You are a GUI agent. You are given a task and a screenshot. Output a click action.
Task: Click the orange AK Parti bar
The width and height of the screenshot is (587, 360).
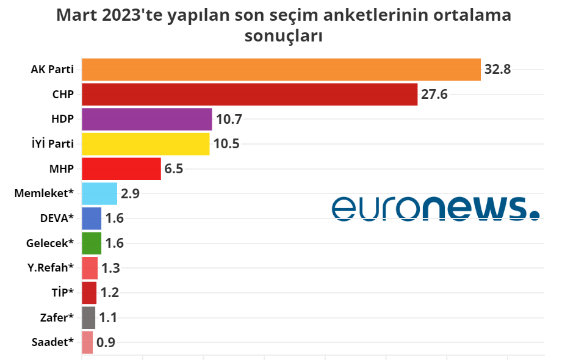(281, 70)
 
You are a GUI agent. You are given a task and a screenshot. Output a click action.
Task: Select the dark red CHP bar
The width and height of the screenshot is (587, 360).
(250, 95)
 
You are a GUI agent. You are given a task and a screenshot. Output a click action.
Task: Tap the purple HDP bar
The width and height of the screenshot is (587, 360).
(146, 119)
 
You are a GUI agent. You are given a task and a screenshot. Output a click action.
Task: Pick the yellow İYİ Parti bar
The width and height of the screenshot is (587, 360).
(145, 144)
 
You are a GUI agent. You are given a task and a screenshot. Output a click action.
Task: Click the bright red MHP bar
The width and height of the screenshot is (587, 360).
(121, 169)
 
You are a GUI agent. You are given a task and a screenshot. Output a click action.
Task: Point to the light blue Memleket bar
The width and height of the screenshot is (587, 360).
(99, 194)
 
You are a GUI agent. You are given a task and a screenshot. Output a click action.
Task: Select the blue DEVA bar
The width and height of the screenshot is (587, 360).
(91, 218)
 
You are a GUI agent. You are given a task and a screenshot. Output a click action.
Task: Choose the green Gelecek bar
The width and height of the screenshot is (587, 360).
(91, 243)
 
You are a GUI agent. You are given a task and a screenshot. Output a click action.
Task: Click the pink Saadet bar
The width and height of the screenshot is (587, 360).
(87, 342)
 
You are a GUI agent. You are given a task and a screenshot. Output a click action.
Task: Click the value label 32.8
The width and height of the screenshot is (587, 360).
(497, 70)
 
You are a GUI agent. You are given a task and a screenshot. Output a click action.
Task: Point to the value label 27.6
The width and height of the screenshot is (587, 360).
(434, 95)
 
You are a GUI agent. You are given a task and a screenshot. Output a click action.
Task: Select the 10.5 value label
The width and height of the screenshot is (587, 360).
(226, 144)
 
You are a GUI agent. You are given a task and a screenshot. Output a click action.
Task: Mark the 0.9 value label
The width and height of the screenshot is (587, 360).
(106, 342)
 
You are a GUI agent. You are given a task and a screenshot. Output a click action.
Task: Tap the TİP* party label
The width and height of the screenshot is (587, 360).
(62, 293)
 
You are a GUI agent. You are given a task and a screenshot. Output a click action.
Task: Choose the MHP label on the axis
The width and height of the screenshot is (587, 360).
(61, 169)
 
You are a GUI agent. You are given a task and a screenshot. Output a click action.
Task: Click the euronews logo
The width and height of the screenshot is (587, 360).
(436, 208)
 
